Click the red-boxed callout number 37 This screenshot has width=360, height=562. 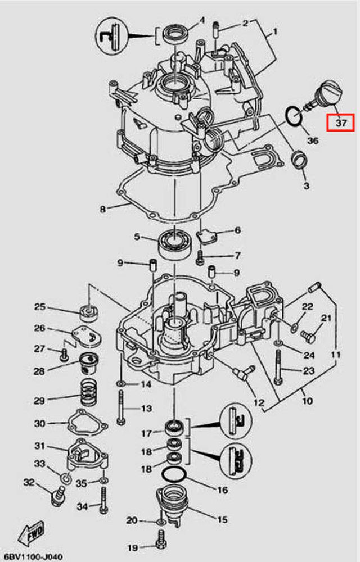pyautogui.click(x=341, y=122)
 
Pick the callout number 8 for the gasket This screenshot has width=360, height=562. pyautogui.click(x=103, y=209)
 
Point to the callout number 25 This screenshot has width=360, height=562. pyautogui.click(x=39, y=307)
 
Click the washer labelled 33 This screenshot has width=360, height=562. pyautogui.click(x=65, y=478)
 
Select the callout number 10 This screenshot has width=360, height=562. pyautogui.click(x=308, y=401)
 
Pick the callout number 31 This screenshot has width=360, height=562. pyautogui.click(x=39, y=446)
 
